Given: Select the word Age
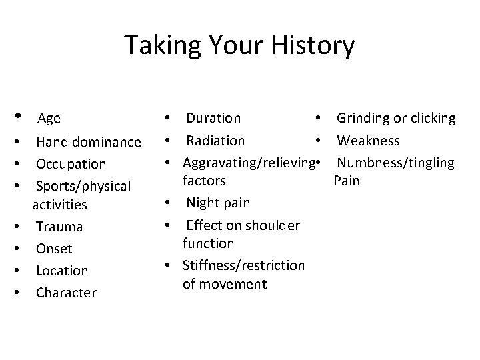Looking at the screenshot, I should coord(49,119).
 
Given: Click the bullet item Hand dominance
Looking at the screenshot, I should coord(88,141).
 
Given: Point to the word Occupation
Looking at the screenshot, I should coord(71,163).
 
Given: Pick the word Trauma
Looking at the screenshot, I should coord(59,226).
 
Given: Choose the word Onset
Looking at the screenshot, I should coord(54,248).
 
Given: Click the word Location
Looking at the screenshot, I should coord(62,270).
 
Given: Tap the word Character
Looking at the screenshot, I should coord(66,292).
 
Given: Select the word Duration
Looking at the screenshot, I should coord(213,118).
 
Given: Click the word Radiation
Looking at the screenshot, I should coord(215,141).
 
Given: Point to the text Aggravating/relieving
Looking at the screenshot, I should coord(247,163).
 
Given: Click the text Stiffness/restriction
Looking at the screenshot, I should coord(243,265).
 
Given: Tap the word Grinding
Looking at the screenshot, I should coord(363,118).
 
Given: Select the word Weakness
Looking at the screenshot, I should coord(368,141).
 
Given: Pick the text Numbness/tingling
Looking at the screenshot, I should coord(395,163).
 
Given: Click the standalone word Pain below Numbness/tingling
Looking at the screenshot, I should coord(346,181).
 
